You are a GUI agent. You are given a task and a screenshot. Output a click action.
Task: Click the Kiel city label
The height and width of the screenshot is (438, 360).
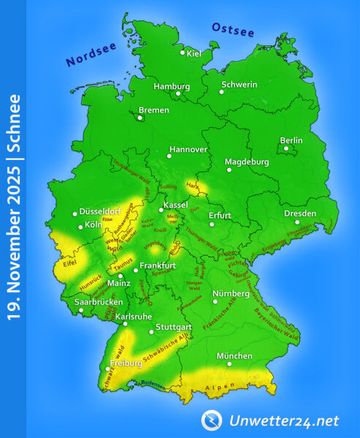tap(194, 53)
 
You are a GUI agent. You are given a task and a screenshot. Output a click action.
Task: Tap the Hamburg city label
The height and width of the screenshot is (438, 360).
tap(172, 86)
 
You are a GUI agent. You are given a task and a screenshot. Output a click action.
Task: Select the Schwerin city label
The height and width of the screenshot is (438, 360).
tap(242, 85)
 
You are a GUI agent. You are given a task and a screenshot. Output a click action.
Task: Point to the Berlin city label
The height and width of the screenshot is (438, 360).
tap(291, 140)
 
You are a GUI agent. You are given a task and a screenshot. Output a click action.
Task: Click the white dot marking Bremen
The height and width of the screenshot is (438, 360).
tap(141, 115)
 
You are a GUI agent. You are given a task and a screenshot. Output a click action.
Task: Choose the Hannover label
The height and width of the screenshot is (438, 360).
tap(188, 150)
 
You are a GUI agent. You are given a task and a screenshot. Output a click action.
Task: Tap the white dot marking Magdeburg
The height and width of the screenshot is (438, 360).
tap(229, 169)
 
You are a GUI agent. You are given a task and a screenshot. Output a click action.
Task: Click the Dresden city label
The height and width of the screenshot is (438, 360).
tap(300, 214)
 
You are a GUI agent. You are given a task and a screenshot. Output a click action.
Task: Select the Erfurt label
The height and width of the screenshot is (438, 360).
tap(220, 215)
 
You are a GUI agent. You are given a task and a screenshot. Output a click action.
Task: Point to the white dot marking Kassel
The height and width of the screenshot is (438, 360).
tap(161, 210)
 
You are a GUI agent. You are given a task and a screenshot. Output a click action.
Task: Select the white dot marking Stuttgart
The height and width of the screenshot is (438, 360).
tap(151, 332)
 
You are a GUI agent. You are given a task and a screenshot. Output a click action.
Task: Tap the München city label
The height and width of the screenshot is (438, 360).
tap(235, 356)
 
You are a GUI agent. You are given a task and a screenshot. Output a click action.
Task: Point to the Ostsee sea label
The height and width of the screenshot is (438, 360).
tap(233, 30)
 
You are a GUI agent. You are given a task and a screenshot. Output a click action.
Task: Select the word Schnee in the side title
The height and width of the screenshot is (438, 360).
tap(12, 123)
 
